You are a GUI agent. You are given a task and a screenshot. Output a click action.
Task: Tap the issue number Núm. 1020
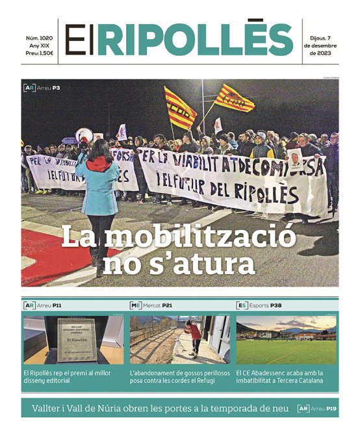click(40, 38)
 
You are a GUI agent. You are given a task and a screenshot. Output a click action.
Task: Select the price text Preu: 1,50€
click(40, 54)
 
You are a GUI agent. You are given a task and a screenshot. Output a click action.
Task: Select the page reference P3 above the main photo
click(57, 88)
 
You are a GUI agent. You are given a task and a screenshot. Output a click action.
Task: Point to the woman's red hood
click(99, 163)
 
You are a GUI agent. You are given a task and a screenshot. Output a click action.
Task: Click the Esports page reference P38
click(276, 305)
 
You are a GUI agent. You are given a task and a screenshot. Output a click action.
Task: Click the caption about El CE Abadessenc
click(286, 377)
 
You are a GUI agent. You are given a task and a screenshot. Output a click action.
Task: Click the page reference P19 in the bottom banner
click(331, 409)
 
